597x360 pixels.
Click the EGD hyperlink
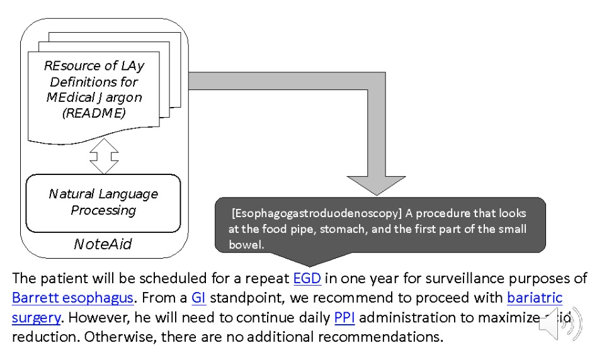pos(307,278)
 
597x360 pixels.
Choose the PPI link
pos(344,317)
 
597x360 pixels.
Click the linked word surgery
pos(37,317)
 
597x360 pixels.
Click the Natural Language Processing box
pos(103,202)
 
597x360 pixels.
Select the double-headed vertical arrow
pos(104,155)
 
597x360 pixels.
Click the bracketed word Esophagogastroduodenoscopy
pos(317,213)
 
